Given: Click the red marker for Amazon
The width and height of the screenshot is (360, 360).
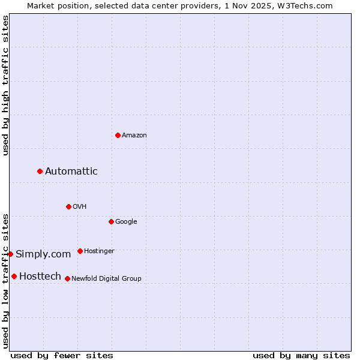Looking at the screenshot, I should (118, 135).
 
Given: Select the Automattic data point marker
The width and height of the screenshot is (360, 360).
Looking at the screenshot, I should (40, 172).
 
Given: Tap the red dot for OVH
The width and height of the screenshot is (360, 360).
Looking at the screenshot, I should (68, 206).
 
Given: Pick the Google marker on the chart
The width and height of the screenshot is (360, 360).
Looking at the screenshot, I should (111, 221).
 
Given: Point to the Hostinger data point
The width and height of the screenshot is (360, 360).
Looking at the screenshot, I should (80, 251).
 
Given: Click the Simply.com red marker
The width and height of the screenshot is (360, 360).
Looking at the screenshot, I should (11, 254).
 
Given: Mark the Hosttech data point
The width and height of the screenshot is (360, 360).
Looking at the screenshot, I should (14, 276).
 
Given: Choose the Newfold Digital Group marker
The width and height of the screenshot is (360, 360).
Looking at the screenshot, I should (67, 278).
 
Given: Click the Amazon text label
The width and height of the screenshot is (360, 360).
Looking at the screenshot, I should (134, 136).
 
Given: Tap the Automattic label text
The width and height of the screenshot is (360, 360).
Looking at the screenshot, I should (71, 172).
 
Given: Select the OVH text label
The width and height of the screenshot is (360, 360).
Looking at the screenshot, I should (80, 207).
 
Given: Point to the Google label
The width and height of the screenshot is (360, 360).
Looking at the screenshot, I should (126, 222).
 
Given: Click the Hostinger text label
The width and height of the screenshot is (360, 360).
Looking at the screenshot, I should (99, 251).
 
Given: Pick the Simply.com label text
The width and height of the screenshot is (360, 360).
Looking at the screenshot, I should (43, 254).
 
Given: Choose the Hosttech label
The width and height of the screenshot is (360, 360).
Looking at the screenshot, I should (40, 277).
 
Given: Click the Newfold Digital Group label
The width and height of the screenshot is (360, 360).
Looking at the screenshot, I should (106, 279).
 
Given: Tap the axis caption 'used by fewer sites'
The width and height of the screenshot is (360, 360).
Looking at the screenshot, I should (62, 355).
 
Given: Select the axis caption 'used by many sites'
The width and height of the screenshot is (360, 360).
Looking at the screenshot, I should (301, 355).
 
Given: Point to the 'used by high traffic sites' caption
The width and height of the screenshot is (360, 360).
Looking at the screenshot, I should (5, 85).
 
